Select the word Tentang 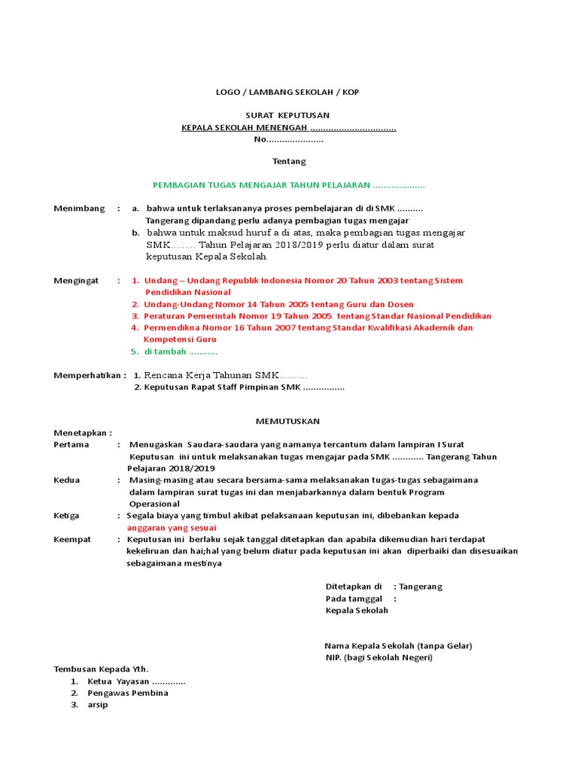(289, 161)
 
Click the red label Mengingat (76, 280)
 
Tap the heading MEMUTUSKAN (288, 421)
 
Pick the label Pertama (71, 444)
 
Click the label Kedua (67, 480)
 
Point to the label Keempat (73, 539)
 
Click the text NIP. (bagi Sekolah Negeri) (379, 657)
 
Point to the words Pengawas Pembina (128, 693)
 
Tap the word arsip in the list (98, 705)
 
